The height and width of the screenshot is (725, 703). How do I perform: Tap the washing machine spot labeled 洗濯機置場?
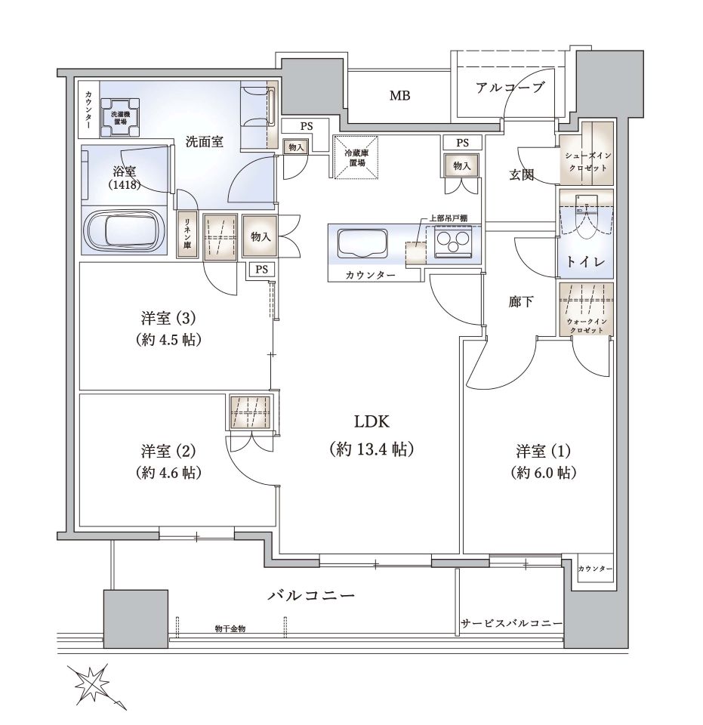click(120, 118)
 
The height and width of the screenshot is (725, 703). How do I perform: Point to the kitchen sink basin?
click(362, 243)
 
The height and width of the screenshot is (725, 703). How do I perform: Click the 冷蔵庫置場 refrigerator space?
click(356, 157)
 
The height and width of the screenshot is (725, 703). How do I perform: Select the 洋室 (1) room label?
click(543, 461)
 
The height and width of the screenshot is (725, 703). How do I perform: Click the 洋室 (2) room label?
click(168, 461)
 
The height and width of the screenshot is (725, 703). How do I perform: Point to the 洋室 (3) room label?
click(168, 329)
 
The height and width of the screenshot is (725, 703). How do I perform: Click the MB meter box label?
click(399, 96)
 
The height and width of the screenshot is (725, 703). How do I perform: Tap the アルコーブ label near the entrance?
click(510, 87)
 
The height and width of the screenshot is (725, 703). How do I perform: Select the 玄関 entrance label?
click(521, 174)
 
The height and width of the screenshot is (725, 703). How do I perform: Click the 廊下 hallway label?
click(521, 302)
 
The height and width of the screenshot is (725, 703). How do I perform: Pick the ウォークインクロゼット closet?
click(586, 309)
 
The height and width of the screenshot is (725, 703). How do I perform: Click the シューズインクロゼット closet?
click(586, 153)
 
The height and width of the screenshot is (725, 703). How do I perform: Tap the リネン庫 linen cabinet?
click(188, 235)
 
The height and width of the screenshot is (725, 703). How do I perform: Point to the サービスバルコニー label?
click(512, 624)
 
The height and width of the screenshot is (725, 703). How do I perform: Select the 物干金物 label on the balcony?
click(230, 629)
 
